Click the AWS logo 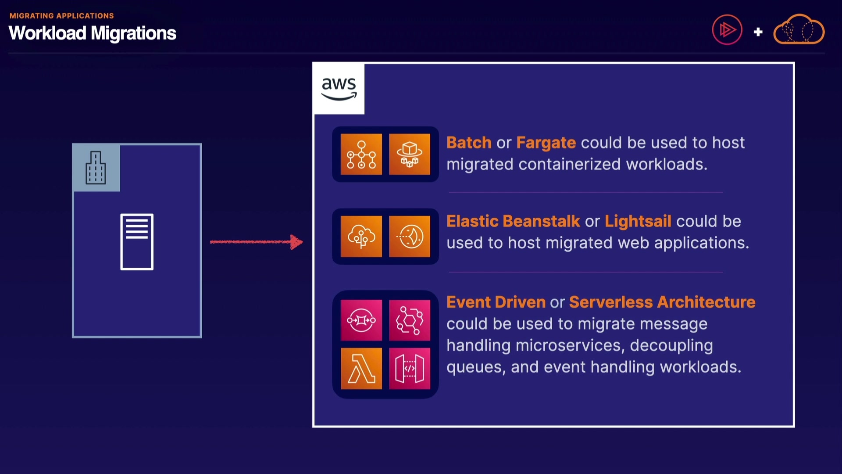coord(339,88)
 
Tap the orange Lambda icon coord(361,369)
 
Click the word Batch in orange coord(469,143)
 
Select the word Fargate coord(546,143)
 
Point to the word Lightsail coord(638,221)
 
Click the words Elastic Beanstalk coord(513,221)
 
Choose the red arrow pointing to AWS coord(257,242)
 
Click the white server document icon coord(137,242)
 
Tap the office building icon coord(96,168)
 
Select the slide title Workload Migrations coord(93,33)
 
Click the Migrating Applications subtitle coord(62,16)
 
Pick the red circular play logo coord(727,30)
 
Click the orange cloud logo coord(799,29)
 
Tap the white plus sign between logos coord(758,32)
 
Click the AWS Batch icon coord(361,154)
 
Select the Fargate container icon coord(409,154)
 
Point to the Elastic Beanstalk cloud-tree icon coord(361,237)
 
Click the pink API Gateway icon coord(409,369)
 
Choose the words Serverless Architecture coord(662,302)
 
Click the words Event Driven coord(496,302)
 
